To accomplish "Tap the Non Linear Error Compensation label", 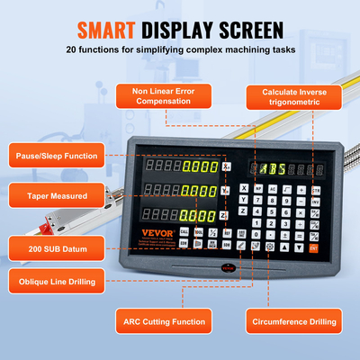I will [166, 96].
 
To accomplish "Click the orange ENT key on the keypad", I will [314, 247].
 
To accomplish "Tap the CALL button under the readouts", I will [184, 232].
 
